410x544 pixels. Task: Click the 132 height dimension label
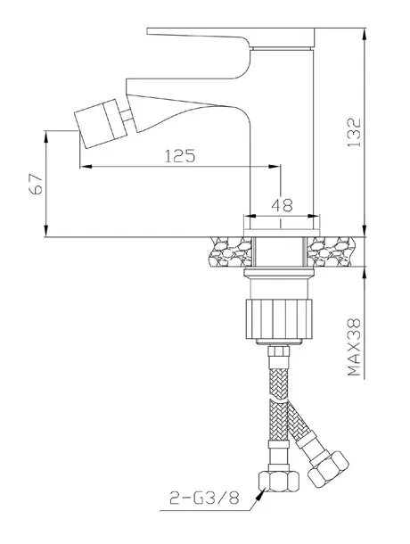(x=354, y=132)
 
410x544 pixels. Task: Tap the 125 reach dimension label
(x=180, y=156)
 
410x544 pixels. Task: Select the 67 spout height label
(x=36, y=184)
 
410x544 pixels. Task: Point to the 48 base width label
(x=282, y=205)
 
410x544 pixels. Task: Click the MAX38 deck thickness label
(x=354, y=347)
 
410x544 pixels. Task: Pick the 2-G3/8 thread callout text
(x=204, y=499)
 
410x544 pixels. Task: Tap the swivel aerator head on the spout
(x=102, y=123)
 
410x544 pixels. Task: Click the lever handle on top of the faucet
(x=230, y=37)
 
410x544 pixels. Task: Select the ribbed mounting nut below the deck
(x=279, y=318)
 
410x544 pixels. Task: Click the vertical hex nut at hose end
(x=279, y=482)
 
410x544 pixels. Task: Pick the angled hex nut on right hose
(x=328, y=468)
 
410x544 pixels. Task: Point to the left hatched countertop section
(x=230, y=251)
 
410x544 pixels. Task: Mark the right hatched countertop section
(x=332, y=251)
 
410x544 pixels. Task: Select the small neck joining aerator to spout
(x=127, y=116)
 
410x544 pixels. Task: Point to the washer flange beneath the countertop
(x=279, y=273)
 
